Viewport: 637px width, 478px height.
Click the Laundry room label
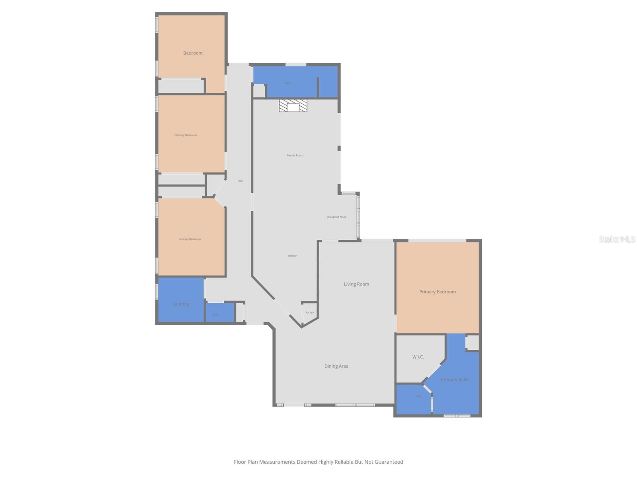(x=181, y=304)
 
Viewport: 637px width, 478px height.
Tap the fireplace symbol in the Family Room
(x=293, y=106)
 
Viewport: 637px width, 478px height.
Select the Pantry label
(x=310, y=313)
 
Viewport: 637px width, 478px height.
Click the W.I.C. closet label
(x=418, y=357)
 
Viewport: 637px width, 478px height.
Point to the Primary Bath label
(x=454, y=380)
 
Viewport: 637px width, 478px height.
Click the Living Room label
(x=356, y=284)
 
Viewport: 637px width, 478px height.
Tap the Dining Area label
(x=336, y=366)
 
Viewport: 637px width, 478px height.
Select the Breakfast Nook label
(x=337, y=217)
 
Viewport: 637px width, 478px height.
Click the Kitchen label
(x=292, y=256)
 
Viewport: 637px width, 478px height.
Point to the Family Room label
(x=295, y=155)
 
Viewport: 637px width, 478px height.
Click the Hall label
(x=240, y=181)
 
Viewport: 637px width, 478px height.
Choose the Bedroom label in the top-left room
(x=193, y=53)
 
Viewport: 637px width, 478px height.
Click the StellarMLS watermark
(x=617, y=239)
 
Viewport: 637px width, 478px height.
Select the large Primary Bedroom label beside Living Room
(x=437, y=292)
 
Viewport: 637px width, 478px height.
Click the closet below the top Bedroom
(x=181, y=86)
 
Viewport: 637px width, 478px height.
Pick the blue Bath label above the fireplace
(x=288, y=83)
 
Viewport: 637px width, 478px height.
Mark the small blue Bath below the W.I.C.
(x=418, y=396)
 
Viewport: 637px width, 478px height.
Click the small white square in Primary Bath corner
(x=472, y=342)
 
